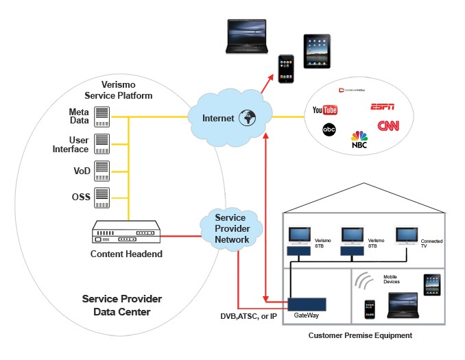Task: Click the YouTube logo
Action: pos(324,110)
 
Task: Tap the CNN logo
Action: pos(388,127)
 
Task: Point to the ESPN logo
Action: pos(382,107)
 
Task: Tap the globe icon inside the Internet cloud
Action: pos(246,118)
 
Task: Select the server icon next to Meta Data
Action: pos(102,117)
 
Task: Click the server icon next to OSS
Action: pos(102,196)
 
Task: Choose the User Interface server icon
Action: pos(102,143)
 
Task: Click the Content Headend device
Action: pos(126,233)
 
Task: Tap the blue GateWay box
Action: pos(306,304)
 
